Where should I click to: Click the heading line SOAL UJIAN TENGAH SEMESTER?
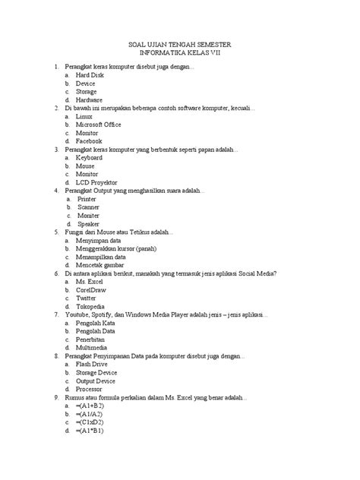[x=180, y=46]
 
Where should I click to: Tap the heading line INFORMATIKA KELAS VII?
[x=180, y=55]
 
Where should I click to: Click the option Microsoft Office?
[x=99, y=125]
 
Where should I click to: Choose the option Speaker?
[x=90, y=225]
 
